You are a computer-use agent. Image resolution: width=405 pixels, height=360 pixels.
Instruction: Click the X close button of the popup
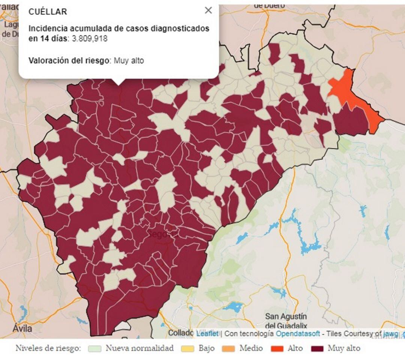coord(208,10)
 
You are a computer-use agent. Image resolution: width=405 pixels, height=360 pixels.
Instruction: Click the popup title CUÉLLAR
coord(48,12)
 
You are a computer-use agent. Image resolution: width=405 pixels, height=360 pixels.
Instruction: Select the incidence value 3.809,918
coord(90,39)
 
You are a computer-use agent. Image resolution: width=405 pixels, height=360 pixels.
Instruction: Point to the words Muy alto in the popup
coord(129,60)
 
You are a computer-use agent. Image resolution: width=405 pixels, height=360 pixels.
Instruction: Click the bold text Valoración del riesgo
coord(69,60)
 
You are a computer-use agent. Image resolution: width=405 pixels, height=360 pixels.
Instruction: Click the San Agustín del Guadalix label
coord(286,321)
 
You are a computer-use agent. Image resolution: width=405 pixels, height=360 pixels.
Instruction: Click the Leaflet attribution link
coord(207,333)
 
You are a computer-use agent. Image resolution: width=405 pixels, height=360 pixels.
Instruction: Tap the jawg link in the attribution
coord(391,333)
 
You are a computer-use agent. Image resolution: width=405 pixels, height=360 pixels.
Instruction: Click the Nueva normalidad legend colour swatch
coord(95,348)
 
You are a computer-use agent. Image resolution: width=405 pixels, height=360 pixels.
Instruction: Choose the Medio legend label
coord(251,348)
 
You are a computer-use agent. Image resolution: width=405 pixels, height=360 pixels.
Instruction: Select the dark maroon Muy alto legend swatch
coord(317,348)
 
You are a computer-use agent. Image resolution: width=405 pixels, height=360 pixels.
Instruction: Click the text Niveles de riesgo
coord(48,348)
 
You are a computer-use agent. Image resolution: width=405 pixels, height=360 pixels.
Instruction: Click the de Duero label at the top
coord(269,5)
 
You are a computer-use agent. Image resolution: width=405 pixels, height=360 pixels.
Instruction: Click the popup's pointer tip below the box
coord(119,83)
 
